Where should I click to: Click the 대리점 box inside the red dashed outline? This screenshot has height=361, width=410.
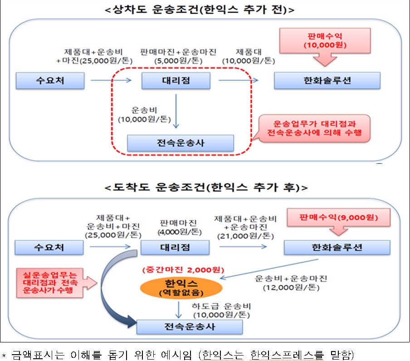pyautogui.click(x=176, y=81)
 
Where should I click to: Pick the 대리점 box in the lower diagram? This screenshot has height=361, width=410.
pyautogui.click(x=175, y=247)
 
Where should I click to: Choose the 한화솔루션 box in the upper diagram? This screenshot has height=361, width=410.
pyautogui.click(x=327, y=81)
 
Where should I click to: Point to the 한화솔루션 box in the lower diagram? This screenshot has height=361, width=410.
pyautogui.click(x=337, y=247)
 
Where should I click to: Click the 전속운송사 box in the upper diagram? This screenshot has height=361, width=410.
pyautogui.click(x=180, y=143)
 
